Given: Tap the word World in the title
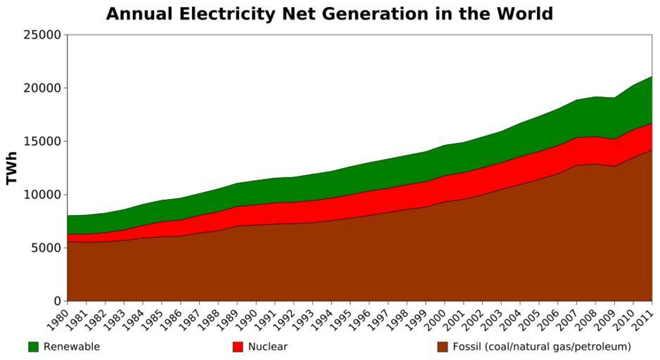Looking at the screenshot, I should point(520,14).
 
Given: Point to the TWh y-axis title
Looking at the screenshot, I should point(11,167).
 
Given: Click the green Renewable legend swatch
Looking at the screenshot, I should point(33,347).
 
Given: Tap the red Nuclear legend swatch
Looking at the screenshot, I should point(237,347).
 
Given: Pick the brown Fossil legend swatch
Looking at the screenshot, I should point(442,347).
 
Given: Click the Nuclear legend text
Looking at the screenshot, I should point(267,347).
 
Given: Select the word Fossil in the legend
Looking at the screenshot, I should point(467,347).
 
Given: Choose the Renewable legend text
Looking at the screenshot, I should point(72,347).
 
